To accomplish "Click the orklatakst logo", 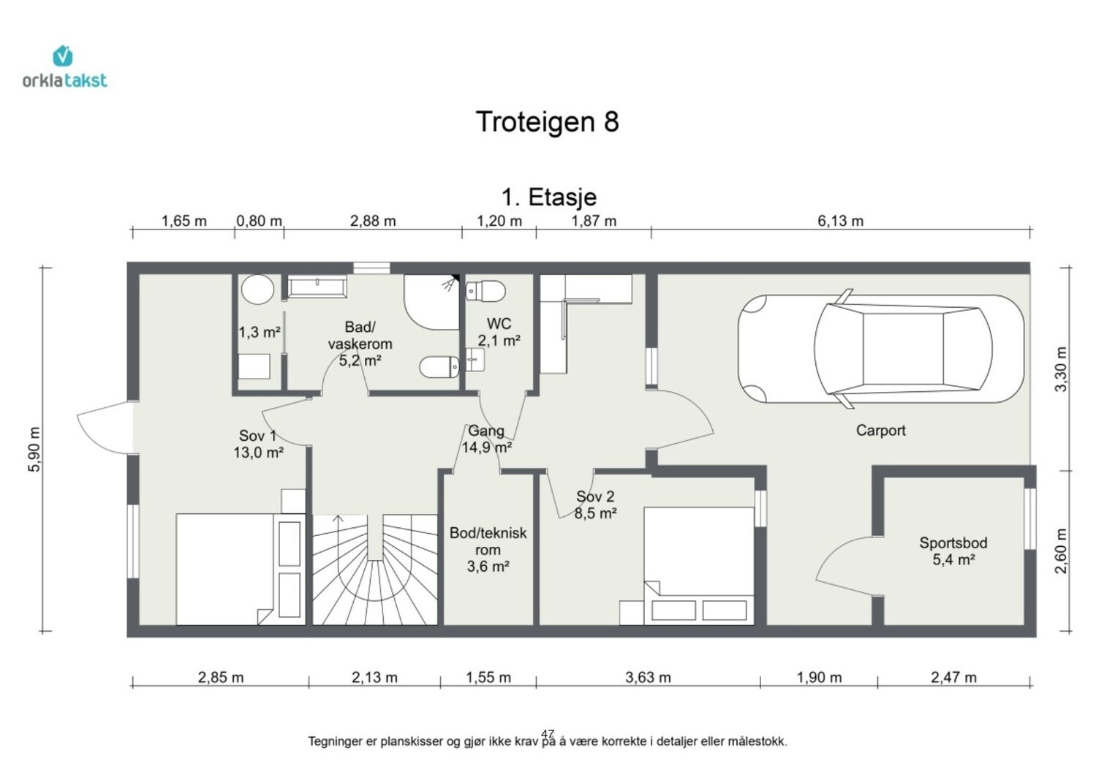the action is pos(64,67).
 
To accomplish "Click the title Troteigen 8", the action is pos(548,121).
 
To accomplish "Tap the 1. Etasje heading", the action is pos(549,197).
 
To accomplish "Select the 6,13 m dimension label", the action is pos(841,221).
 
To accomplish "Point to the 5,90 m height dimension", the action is pos(35,449).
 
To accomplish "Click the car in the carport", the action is pos(881,348).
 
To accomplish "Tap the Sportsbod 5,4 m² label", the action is pos(953,551).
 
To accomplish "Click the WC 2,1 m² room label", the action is pos(499,332).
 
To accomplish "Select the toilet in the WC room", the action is pos(485,291).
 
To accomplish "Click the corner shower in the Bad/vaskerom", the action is pos(431,302).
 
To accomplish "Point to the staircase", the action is pos(375,570).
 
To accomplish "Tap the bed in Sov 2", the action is pos(699,566).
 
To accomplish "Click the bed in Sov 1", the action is pos(224,569).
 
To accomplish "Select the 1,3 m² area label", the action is pos(260,333).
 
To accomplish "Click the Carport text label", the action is pos(881,431).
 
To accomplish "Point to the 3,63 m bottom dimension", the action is pos(649,678).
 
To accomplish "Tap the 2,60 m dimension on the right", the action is pos(1061,551).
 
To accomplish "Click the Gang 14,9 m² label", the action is pos(487,439).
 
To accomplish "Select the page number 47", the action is pos(548,734).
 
